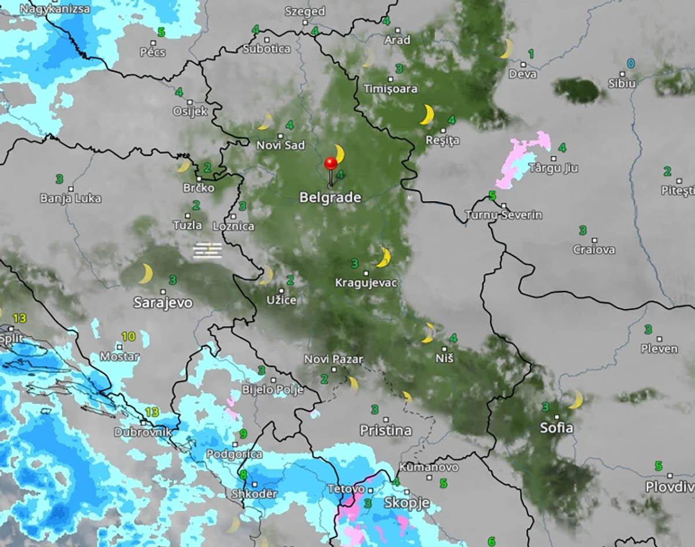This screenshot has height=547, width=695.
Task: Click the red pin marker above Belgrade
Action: (331, 165)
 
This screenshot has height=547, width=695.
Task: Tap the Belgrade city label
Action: (330, 198)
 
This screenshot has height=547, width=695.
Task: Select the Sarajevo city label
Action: (163, 302)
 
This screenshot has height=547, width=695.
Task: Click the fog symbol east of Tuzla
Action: (207, 250)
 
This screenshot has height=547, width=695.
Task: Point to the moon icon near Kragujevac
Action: (383, 257)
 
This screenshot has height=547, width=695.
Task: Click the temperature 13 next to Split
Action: (20, 318)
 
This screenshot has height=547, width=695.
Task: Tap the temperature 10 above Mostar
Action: (128, 336)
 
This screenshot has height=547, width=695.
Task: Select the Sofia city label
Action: (557, 428)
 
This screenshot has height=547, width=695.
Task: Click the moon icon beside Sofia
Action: (576, 399)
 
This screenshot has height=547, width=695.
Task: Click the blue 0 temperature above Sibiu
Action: (631, 63)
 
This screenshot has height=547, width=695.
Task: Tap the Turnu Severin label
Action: (504, 215)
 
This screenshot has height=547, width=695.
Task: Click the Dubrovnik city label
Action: (142, 432)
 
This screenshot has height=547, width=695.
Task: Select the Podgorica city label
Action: (234, 454)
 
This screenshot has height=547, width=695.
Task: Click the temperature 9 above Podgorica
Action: (243, 434)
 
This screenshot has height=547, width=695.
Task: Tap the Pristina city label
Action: (386, 431)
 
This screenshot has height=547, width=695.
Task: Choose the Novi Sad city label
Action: (280, 145)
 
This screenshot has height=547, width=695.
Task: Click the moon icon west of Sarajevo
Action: (145, 273)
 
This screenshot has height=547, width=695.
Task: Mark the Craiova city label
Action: (594, 250)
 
